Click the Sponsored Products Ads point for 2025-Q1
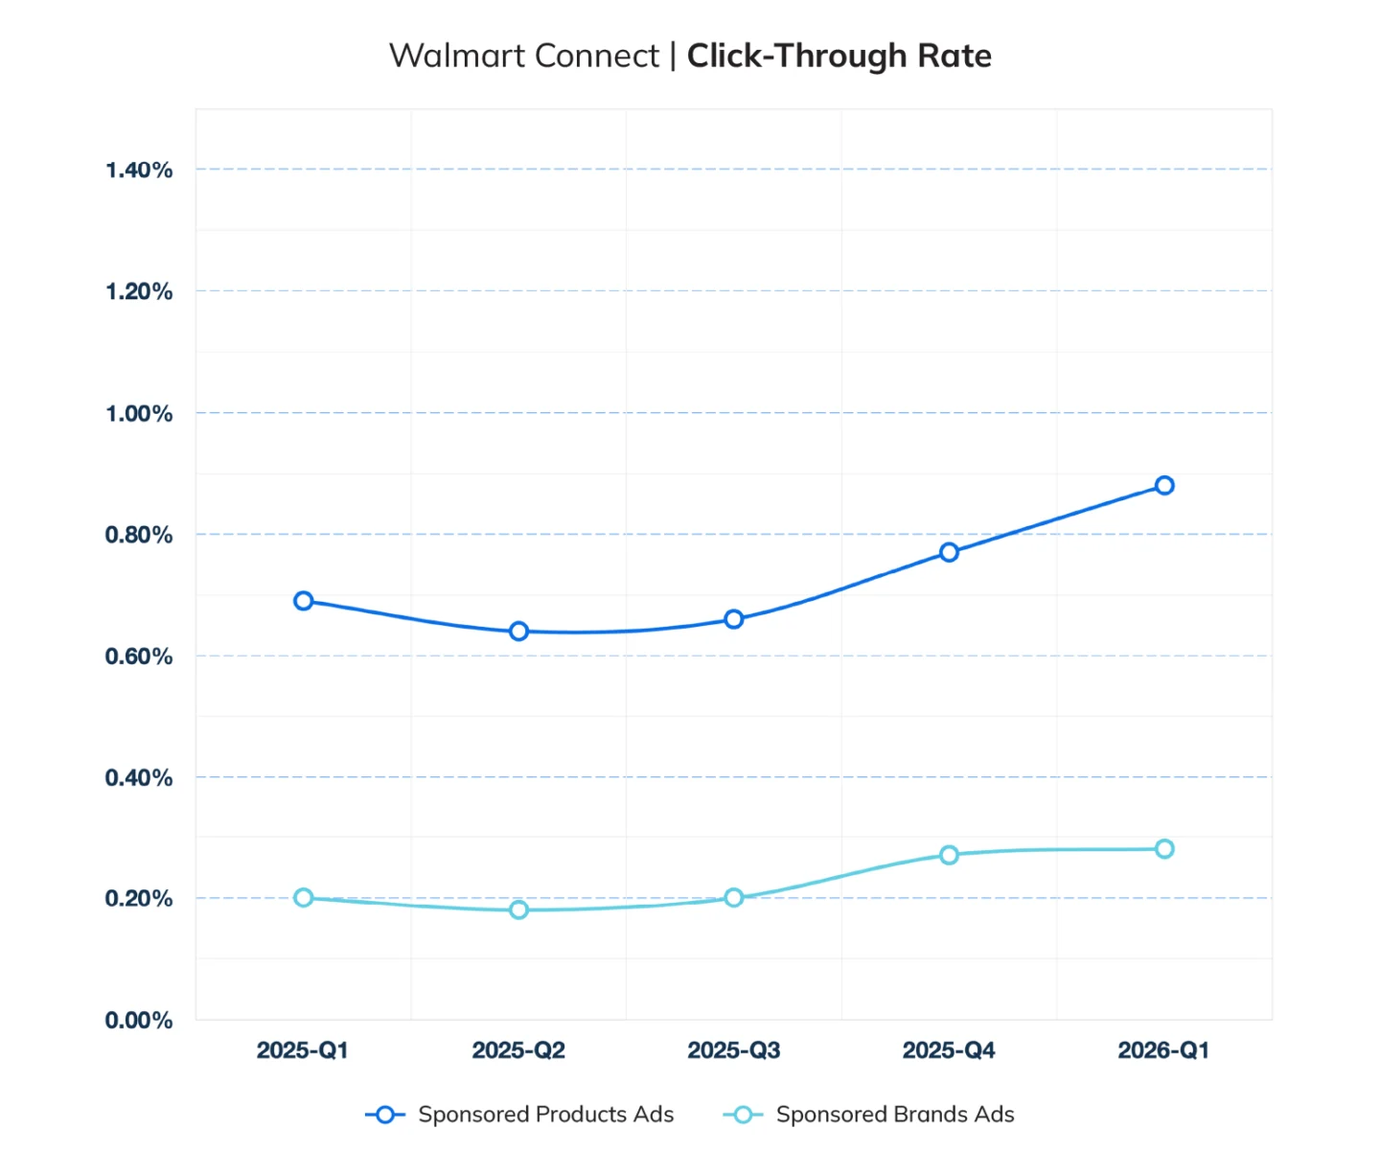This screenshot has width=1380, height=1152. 303,601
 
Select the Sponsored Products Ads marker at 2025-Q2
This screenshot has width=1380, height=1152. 518,631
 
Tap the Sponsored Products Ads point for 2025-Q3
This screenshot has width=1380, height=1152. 734,619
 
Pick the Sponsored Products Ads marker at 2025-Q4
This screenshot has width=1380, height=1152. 949,552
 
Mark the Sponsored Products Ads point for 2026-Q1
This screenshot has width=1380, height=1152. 1164,485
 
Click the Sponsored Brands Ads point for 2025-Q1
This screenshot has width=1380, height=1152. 303,897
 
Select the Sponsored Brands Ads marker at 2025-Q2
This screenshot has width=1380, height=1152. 518,910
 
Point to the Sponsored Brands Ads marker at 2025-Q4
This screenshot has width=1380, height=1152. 949,854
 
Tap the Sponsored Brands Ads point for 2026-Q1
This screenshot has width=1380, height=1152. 1164,848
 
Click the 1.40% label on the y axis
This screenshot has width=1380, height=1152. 139,171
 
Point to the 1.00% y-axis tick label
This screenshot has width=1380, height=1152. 139,414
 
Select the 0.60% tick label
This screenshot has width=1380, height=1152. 139,657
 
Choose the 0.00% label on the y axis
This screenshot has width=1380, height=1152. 139,1021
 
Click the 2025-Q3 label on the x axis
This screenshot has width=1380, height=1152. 734,1050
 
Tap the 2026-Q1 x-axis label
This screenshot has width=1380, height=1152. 1163,1050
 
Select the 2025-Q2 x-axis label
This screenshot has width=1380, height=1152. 518,1050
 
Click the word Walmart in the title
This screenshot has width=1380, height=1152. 457,56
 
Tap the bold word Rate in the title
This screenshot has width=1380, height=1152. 954,56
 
